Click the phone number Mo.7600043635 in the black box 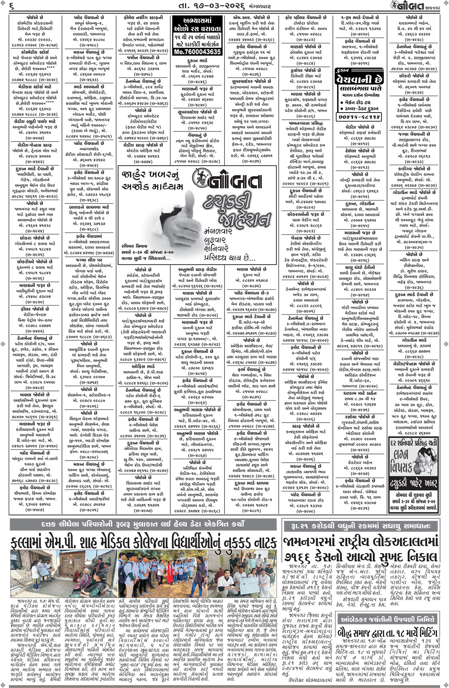click(x=197, y=52)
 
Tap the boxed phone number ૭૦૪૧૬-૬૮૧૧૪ click(x=359, y=117)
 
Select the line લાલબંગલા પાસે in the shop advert click(x=359, y=88)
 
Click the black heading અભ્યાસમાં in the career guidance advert click(x=197, y=21)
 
